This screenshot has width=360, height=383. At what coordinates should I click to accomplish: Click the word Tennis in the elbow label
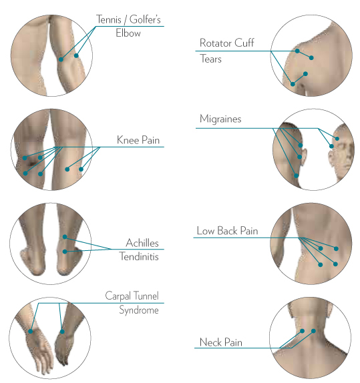pyautogui.click(x=109, y=19)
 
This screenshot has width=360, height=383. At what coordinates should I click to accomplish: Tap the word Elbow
pyautogui.click(x=128, y=33)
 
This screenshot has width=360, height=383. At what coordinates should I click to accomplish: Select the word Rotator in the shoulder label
pyautogui.click(x=216, y=43)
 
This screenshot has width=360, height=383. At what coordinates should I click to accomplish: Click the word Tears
pyautogui.click(x=211, y=59)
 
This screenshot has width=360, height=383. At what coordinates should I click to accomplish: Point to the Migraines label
pyautogui.click(x=220, y=119)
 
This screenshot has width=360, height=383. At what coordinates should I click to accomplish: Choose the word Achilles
pyautogui.click(x=142, y=243)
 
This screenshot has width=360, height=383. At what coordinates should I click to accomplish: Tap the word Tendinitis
pyautogui.click(x=139, y=256)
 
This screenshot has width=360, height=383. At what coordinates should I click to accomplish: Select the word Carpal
pyautogui.click(x=118, y=296)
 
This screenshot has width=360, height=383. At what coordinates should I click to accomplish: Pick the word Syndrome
pyautogui.click(x=139, y=310)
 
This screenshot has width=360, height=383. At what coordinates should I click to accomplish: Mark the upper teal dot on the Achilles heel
pyautogui.click(x=65, y=237)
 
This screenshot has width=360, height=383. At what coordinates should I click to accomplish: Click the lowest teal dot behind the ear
pyautogui.click(x=296, y=175)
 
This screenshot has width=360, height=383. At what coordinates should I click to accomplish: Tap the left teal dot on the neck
pyautogui.click(x=303, y=331)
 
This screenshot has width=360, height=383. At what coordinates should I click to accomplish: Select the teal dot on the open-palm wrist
pyautogui.click(x=31, y=331)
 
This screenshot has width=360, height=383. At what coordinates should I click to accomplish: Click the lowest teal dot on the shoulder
pyautogui.click(x=293, y=84)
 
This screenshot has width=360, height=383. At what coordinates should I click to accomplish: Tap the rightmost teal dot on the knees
pyautogui.click(x=81, y=169)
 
